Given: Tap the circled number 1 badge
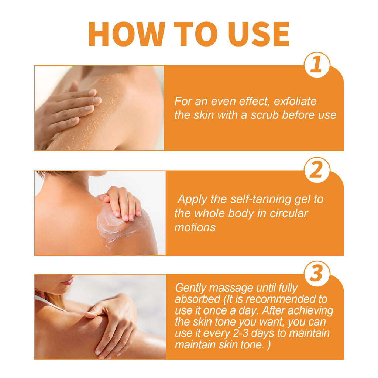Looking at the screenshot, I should point(317,65).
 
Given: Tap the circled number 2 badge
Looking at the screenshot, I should point(317,170).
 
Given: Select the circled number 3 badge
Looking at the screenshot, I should point(317,274).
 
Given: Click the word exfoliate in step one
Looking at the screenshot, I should point(295,102).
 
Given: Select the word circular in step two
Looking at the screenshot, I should point(286,213).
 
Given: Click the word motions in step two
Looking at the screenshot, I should point(195,227).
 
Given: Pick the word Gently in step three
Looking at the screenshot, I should point(192,288).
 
